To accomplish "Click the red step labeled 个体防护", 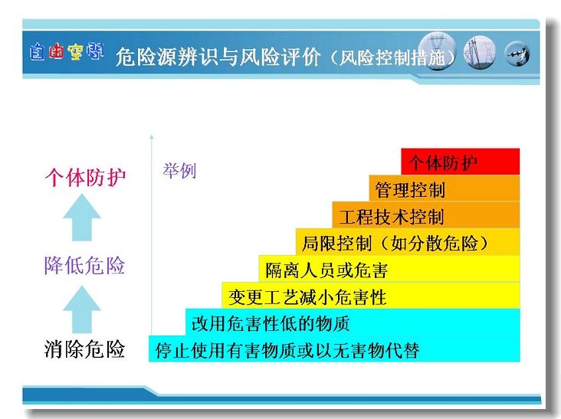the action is point(460,162).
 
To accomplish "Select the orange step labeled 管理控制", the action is point(445,188).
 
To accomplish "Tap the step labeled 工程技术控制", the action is point(426,215).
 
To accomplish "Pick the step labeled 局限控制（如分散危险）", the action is point(408,242).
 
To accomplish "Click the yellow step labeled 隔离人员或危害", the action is point(389,269).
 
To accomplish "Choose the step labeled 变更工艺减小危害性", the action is point(371,296).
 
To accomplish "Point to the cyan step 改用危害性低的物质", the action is point(353,322).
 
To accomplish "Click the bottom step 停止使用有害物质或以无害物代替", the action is point(334,349).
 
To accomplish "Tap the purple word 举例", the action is point(179,171).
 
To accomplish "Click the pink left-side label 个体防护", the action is point(85,177).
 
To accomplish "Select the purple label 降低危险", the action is point(84,265).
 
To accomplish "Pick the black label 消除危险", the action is point(84,349).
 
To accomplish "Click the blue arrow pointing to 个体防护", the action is point(82,218).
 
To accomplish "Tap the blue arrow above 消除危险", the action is point(82,309).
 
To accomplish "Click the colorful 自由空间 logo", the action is point(67,52).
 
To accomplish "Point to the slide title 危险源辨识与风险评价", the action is point(218,57).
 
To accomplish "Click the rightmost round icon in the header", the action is point(517,54).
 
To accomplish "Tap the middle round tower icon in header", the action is point(480,53).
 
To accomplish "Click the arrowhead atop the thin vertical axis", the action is point(151,137).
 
